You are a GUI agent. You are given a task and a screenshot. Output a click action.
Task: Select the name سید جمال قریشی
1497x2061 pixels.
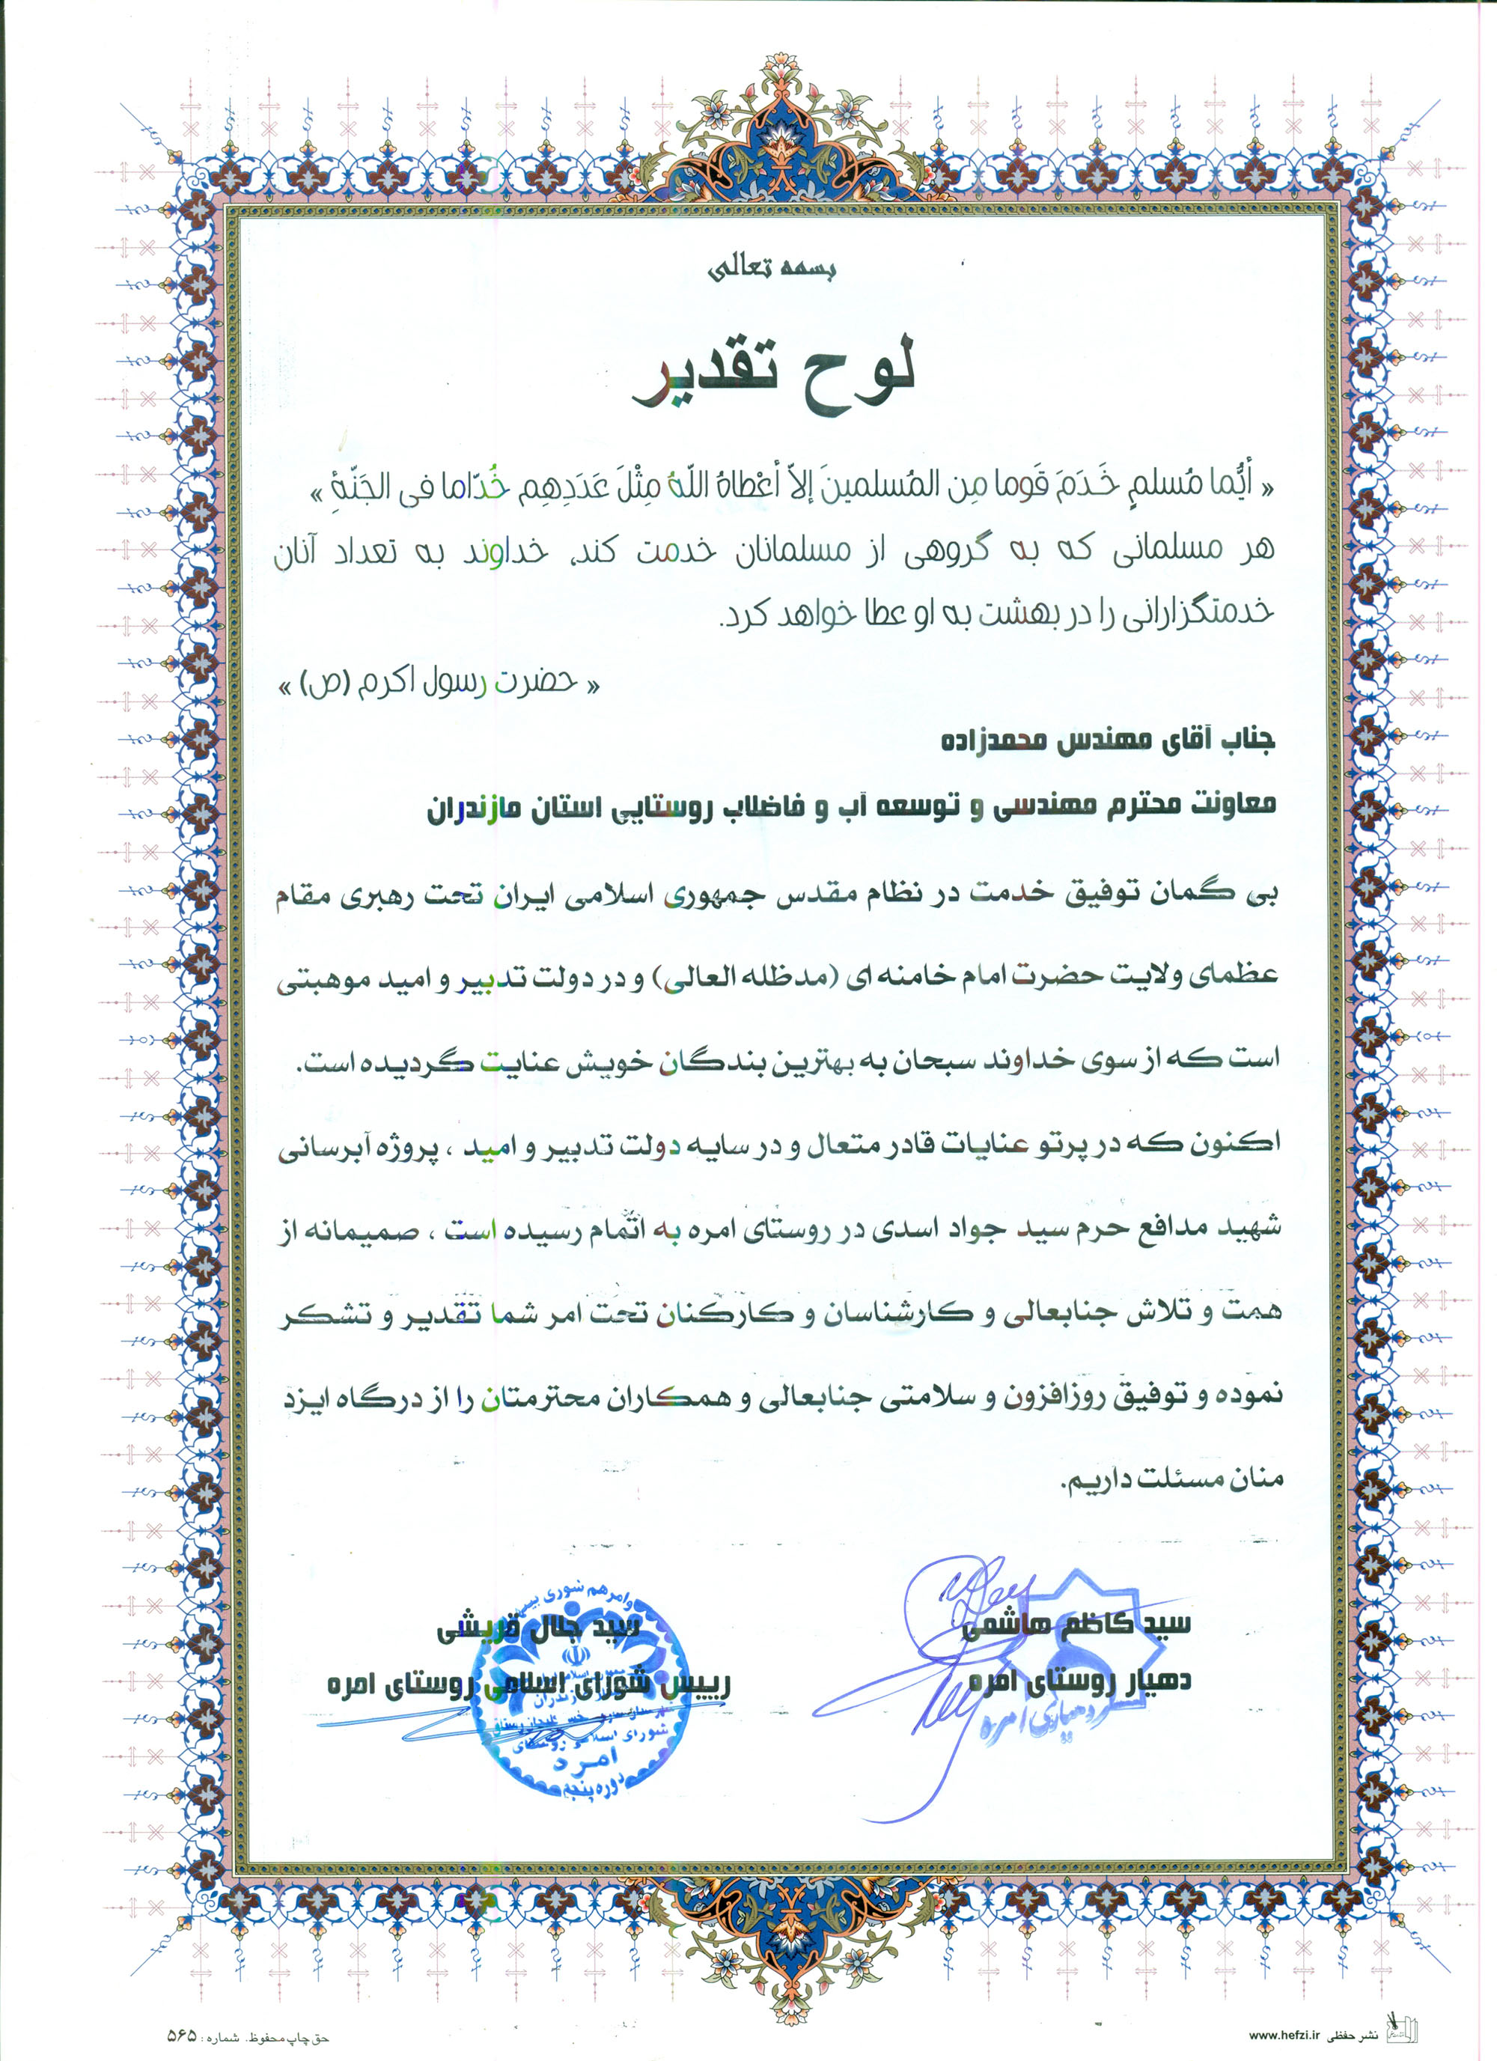pos(540,1628)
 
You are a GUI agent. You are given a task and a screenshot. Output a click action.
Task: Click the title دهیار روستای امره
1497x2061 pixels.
pos(1080,1680)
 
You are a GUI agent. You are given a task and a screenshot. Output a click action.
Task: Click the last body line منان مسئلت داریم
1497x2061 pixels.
pos(1172,1479)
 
